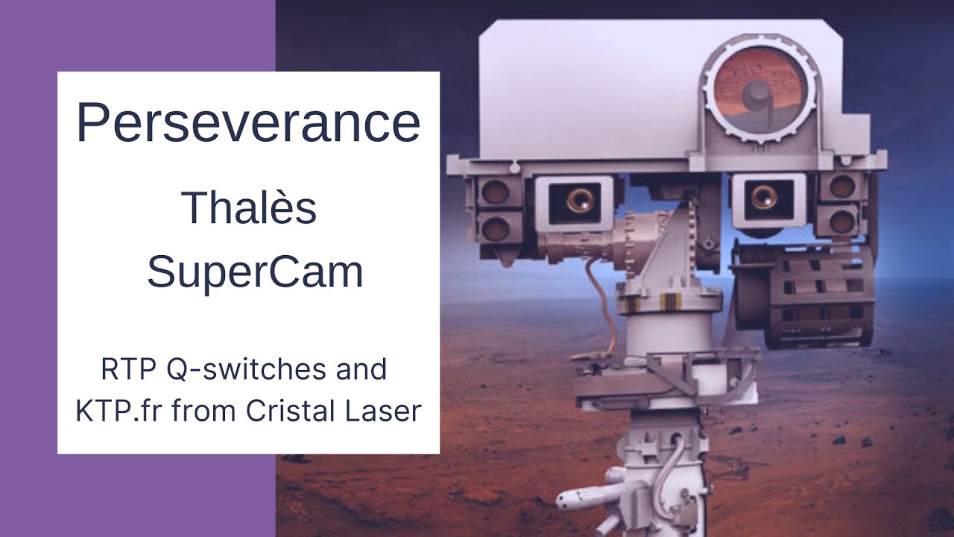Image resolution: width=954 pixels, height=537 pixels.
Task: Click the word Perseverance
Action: click(248, 123)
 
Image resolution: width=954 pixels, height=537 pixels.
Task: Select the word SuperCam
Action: click(255, 272)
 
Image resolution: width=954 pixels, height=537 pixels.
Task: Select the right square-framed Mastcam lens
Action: click(765, 197)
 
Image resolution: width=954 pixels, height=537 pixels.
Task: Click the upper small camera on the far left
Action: click(494, 192)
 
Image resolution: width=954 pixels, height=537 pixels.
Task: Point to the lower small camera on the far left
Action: click(494, 226)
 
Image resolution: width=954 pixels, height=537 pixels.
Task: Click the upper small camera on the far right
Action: click(842, 186)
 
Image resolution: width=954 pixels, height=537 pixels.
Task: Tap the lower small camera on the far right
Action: click(842, 221)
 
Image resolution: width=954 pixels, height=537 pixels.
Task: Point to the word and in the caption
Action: click(365, 369)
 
